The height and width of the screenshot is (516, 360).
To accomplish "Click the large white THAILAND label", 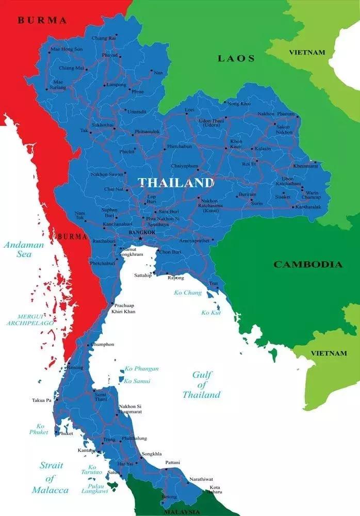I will coord(175,183).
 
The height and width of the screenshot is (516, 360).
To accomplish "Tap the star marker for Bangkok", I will coord(139,238).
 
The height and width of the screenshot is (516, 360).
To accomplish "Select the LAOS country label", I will coord(236,58).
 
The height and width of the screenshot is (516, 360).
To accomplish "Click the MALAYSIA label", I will coord(181,512).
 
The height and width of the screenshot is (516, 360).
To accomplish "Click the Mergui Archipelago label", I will coord(30,319).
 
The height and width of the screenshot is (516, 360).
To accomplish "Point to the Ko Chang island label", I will coord(188,293).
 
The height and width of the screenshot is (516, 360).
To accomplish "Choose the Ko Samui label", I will coord(137,381).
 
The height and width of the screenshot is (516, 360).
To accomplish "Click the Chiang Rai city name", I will coord(104,38).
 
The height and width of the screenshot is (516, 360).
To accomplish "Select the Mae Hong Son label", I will coord(67,49).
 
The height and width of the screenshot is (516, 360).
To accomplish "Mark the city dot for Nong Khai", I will coord(225,103).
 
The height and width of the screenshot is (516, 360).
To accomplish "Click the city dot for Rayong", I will coord(168,273).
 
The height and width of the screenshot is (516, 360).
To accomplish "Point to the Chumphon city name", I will coord(103,344).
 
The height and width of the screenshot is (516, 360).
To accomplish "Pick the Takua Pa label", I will coord(41,400).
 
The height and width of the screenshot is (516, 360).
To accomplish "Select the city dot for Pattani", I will coord(166,469).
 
